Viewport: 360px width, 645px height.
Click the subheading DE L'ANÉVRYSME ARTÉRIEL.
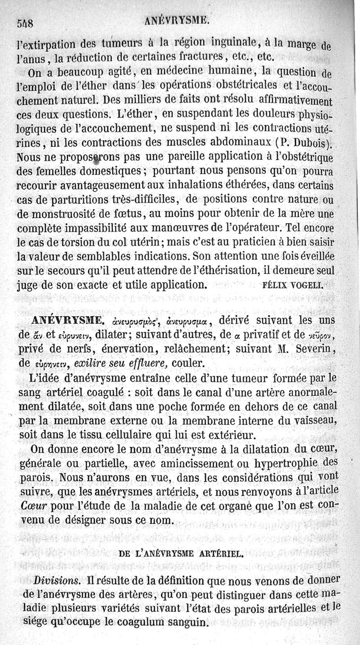click(x=181, y=554)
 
